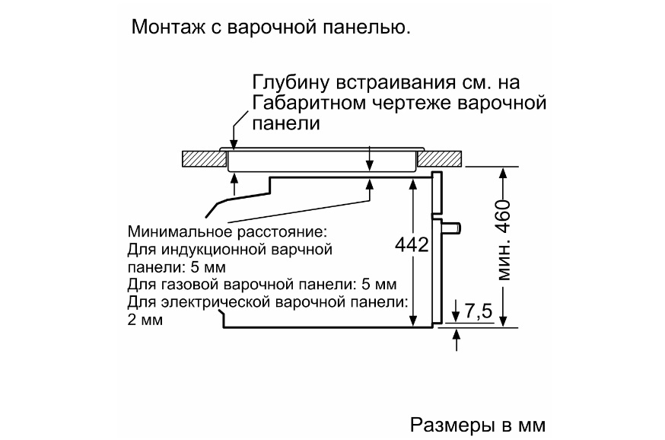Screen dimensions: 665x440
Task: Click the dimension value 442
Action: click(412, 245)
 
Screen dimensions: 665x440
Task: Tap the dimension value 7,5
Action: click(479, 311)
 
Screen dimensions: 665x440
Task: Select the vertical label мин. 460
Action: click(504, 240)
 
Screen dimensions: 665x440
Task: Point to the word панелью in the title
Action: click(367, 28)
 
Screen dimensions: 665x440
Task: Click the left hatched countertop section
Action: click(204, 158)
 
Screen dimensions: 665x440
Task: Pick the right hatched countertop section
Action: click(439, 158)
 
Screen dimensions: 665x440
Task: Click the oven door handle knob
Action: click(452, 228)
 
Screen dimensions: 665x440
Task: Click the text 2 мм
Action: click(145, 320)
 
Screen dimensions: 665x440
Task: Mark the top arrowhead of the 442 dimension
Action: click(412, 183)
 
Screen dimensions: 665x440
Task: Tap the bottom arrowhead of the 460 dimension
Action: click(503, 321)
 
